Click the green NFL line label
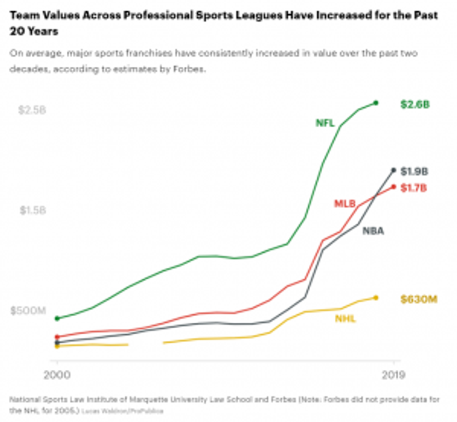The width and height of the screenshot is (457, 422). (325, 123)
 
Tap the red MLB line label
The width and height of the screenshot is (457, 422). (345, 204)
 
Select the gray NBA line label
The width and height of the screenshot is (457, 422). (374, 231)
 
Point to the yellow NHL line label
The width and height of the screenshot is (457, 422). (345, 319)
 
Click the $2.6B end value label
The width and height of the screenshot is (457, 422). (415, 104)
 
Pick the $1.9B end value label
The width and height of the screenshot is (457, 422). (414, 172)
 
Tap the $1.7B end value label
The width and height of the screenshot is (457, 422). (414, 188)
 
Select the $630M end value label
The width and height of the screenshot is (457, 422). (419, 299)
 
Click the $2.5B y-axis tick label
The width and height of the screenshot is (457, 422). (32, 110)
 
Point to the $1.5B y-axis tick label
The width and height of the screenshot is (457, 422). (33, 210)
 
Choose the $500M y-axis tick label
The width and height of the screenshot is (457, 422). (28, 311)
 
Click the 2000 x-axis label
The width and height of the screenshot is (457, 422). (57, 375)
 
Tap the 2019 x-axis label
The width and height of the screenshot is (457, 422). (394, 375)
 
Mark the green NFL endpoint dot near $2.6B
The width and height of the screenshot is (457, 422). (376, 103)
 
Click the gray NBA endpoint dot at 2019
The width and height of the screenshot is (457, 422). (394, 170)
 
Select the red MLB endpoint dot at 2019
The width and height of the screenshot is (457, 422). (394, 187)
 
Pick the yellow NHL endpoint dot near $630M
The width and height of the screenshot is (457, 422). (376, 297)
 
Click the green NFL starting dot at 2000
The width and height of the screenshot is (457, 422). (57, 318)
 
